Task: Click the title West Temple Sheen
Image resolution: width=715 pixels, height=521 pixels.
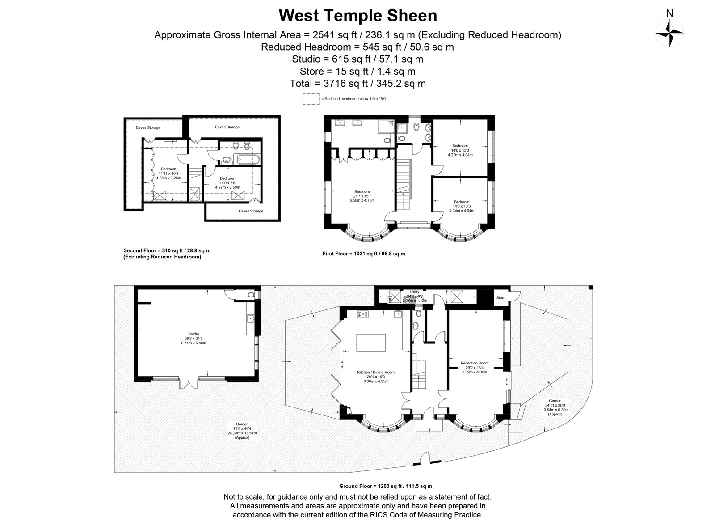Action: coord(357,16)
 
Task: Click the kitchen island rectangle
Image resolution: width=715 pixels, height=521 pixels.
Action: coord(370,343)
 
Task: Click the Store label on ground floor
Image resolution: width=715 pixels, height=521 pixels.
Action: coord(500,297)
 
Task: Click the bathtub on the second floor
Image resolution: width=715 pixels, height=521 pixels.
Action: coord(246,159)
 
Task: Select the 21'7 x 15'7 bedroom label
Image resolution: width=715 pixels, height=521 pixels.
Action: coord(362,196)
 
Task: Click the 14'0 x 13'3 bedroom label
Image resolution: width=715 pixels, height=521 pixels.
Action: coord(460,150)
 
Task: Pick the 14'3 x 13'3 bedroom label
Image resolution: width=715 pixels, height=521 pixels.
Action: coord(462,206)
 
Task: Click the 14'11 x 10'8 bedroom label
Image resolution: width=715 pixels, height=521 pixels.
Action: coord(168,173)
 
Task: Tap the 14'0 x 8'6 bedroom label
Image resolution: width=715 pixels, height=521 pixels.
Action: coord(227,182)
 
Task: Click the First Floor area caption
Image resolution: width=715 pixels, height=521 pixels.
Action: coord(363,254)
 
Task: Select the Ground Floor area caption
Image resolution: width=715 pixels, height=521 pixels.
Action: coord(385,486)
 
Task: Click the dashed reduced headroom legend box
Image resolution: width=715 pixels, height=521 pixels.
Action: coord(311,99)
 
